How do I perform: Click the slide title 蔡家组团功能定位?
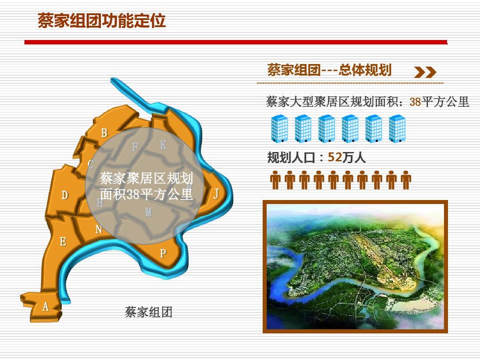(102, 21)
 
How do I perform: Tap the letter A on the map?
(46, 306)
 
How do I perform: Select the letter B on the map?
(104, 133)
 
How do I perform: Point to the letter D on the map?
(64, 195)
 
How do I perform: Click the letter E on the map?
(63, 241)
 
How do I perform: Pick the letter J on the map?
(216, 193)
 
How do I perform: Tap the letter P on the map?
(163, 253)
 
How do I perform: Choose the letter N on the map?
(99, 229)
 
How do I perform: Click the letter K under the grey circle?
(163, 145)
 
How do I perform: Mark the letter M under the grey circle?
(148, 212)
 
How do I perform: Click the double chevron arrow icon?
(425, 72)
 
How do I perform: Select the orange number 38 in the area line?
(416, 102)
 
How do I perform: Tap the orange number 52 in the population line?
(335, 157)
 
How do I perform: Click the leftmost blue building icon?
(280, 128)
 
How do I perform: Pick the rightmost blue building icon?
(397, 128)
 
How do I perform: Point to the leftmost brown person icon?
(275, 180)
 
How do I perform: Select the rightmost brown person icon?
(406, 180)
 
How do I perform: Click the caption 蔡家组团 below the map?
(149, 312)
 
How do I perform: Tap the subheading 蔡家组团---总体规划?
(329, 70)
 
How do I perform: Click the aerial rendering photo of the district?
(356, 267)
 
